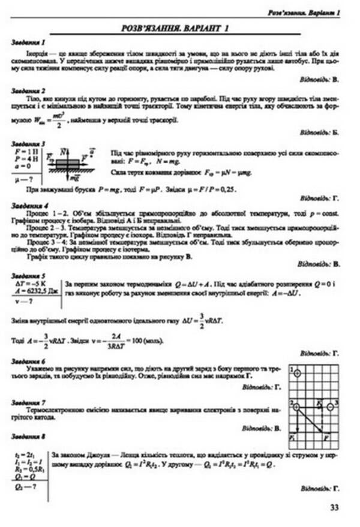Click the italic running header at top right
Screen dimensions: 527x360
click(x=304, y=12)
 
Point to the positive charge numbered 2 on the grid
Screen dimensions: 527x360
click(x=297, y=407)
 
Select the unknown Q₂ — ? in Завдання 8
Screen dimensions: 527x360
click(x=24, y=486)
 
